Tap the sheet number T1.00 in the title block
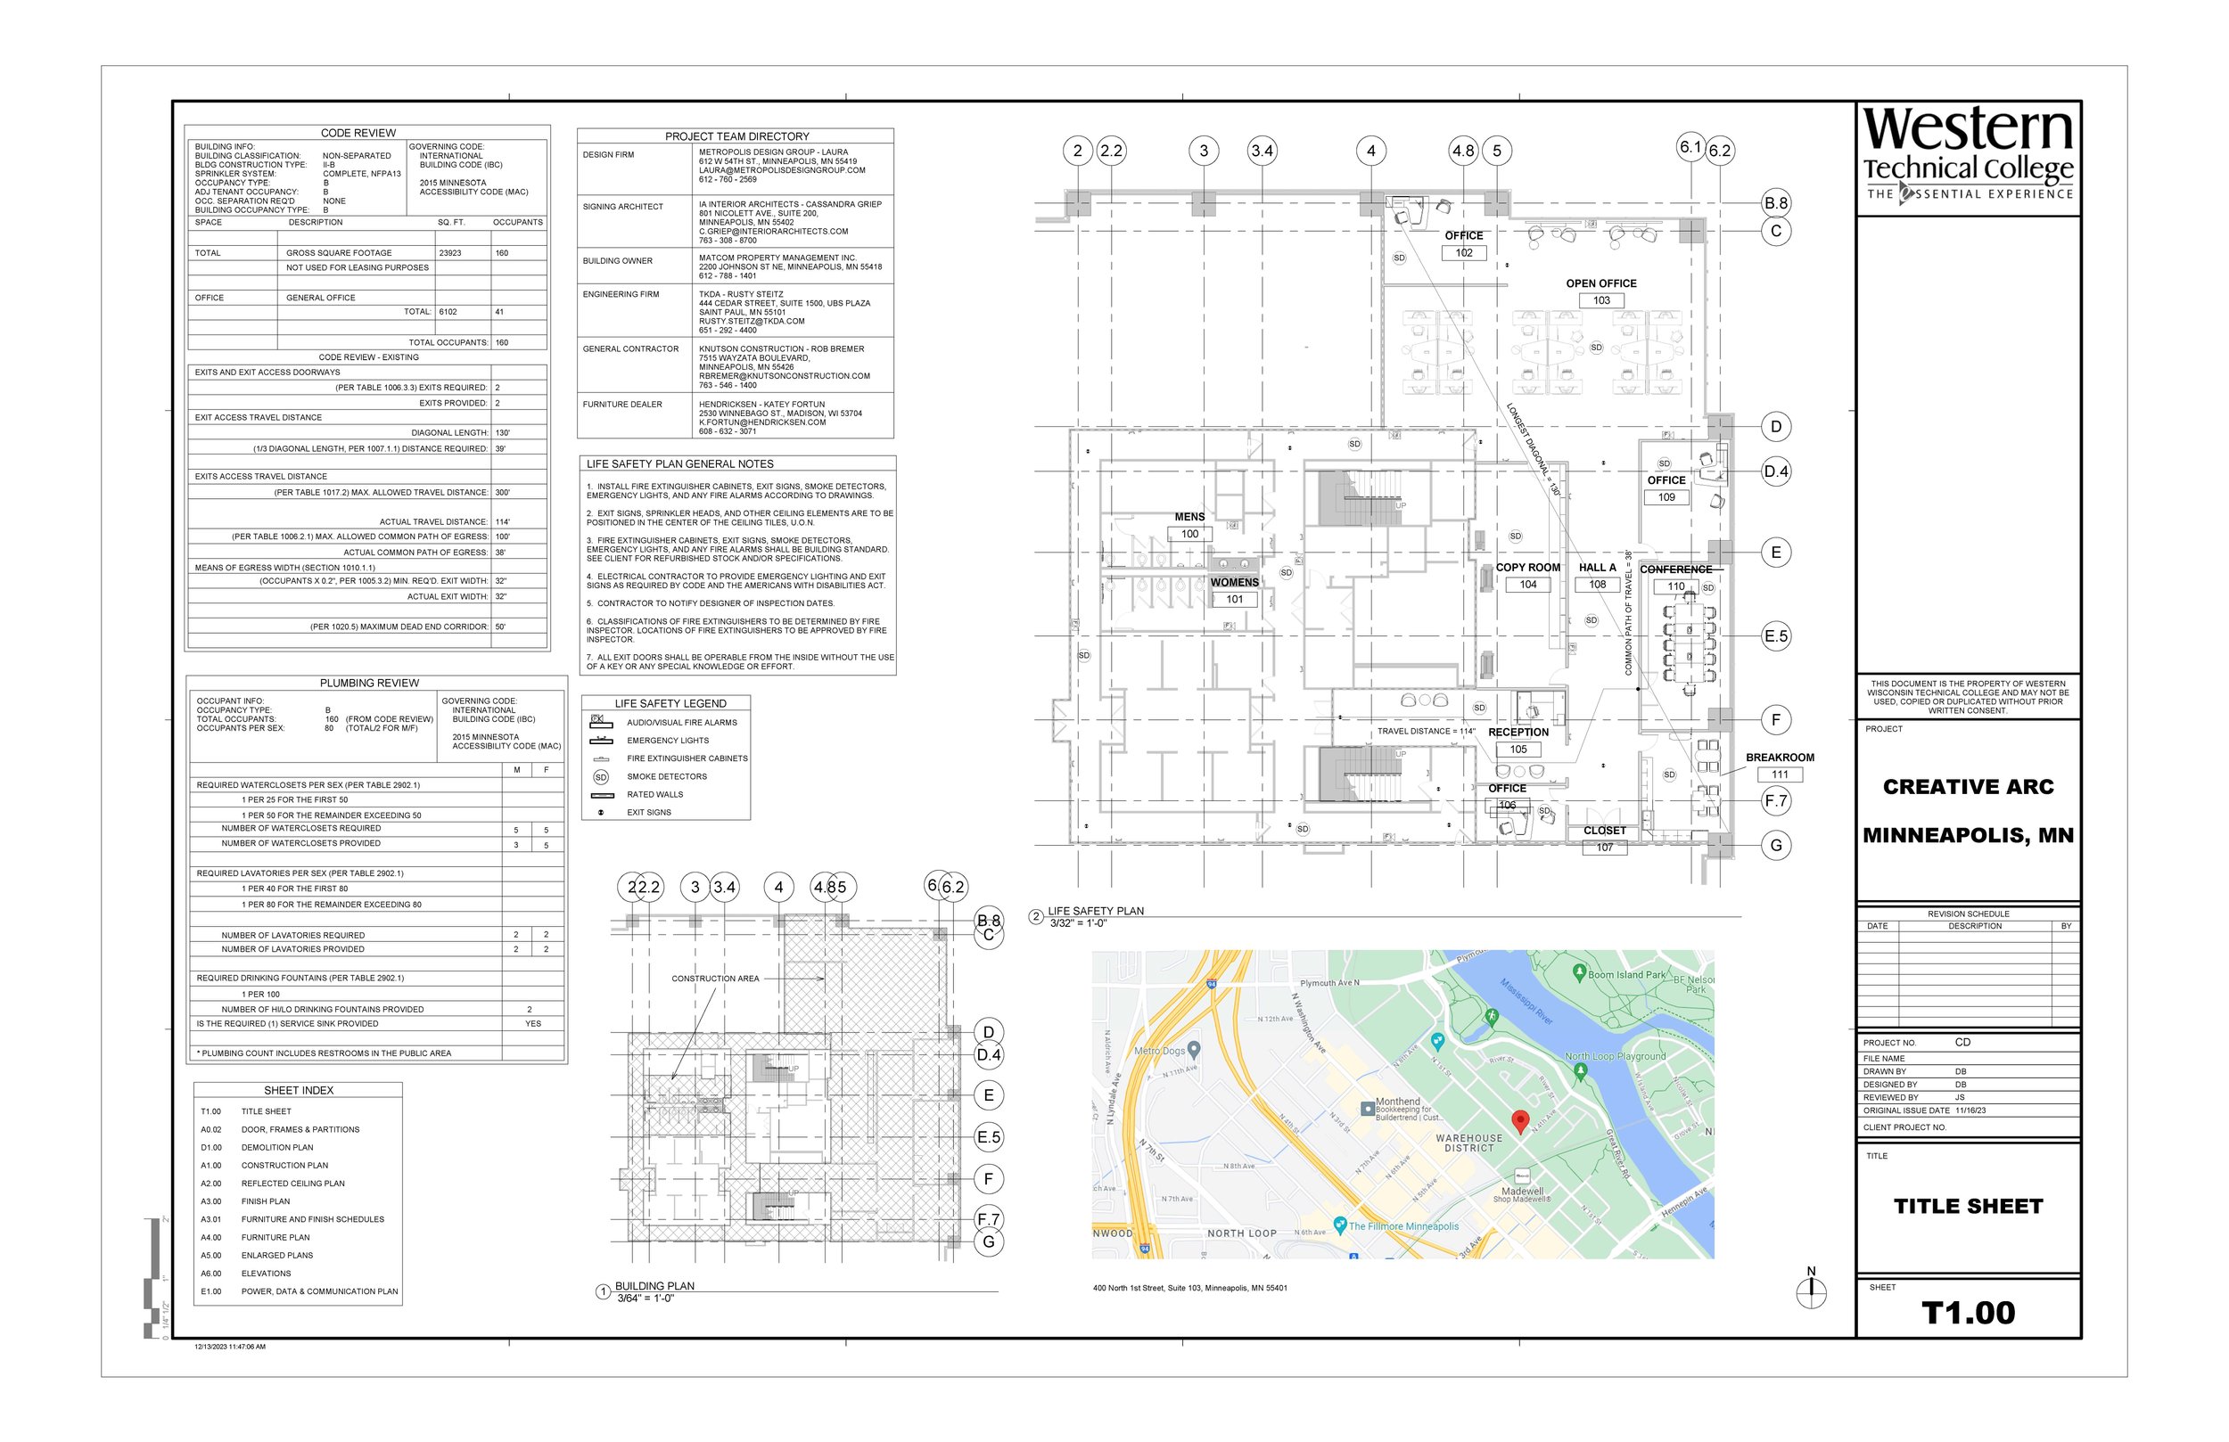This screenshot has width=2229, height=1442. (1968, 1313)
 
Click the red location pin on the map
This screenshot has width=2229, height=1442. (1521, 1120)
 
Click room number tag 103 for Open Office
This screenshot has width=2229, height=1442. (1601, 300)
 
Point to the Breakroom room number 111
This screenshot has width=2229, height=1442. (1780, 774)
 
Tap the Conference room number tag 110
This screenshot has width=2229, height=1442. (1676, 586)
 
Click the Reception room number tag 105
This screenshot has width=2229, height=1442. (1518, 750)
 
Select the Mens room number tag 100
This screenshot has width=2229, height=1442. (1189, 534)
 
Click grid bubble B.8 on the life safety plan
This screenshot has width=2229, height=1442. (1776, 203)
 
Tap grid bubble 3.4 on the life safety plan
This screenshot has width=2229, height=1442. (1263, 151)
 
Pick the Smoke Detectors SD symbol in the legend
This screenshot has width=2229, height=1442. (601, 777)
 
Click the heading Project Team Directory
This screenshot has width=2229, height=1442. (737, 135)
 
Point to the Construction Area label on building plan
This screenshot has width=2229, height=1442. (714, 979)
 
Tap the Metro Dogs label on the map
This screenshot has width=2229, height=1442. (1160, 1051)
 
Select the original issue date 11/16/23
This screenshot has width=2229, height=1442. (1970, 1110)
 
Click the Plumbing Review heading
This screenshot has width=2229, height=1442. (369, 683)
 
